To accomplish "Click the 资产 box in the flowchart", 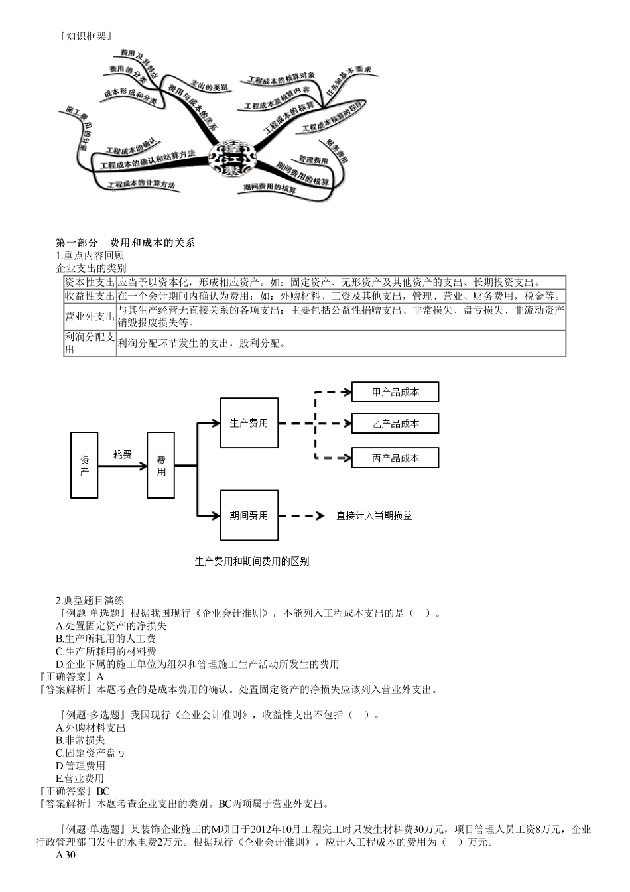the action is pyautogui.click(x=84, y=465).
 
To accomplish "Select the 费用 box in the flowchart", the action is pyautogui.click(x=160, y=465).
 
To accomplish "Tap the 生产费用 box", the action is pyautogui.click(x=249, y=423).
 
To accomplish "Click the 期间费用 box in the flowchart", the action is pyautogui.click(x=249, y=515).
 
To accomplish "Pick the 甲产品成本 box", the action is pyautogui.click(x=395, y=392).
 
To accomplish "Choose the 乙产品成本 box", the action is pyautogui.click(x=395, y=424).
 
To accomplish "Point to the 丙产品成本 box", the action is pyautogui.click(x=395, y=458).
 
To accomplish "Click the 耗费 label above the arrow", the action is pyautogui.click(x=123, y=454).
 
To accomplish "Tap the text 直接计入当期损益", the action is pyautogui.click(x=374, y=515).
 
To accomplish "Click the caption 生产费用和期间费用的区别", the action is pyautogui.click(x=252, y=561).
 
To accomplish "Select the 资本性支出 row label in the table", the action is pyautogui.click(x=90, y=283).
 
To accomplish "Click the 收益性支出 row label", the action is pyautogui.click(x=90, y=296).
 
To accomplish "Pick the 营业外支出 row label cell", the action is pyautogui.click(x=90, y=317).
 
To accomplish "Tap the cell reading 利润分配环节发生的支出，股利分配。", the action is pyautogui.click(x=202, y=344).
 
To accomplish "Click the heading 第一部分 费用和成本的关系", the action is pyautogui.click(x=126, y=243).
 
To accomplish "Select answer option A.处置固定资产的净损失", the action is pyautogui.click(x=111, y=625).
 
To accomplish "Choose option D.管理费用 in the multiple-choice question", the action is pyautogui.click(x=80, y=765).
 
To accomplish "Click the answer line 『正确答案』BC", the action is pyautogui.click(x=74, y=791).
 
